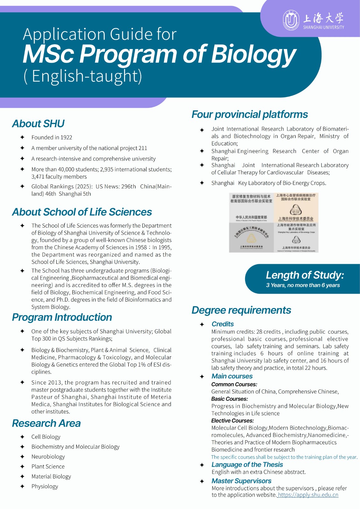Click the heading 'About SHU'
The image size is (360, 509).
coord(38,123)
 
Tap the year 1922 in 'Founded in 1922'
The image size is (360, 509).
coord(66,137)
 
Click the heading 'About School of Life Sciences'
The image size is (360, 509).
coord(82,212)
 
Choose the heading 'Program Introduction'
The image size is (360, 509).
coord(62,317)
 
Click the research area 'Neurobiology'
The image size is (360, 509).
coord(48,457)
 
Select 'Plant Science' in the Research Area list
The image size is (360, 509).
coord(48,466)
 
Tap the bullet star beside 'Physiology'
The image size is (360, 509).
coord(22,486)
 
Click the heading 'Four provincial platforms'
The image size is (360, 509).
coord(250,114)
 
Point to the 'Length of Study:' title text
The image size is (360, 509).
coord(305,275)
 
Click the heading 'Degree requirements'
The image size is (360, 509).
coord(241,310)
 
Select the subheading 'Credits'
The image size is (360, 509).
coord(222,324)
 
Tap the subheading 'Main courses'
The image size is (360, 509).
coord(232,376)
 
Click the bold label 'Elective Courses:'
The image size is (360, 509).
coord(232,421)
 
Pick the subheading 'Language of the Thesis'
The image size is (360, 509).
coord(247,464)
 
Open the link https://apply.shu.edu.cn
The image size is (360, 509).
coord(308,495)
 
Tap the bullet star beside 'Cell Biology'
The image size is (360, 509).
coord(22,437)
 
